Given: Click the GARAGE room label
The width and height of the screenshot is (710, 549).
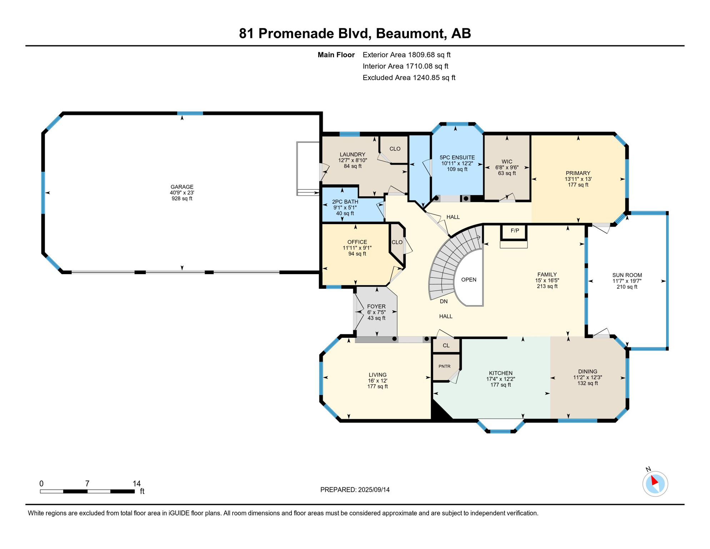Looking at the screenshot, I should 182,187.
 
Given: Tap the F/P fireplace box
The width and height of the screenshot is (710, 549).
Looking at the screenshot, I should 515,231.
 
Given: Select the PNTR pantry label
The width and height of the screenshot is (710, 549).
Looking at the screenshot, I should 444,366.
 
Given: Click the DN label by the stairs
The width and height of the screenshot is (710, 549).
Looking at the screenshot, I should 444,302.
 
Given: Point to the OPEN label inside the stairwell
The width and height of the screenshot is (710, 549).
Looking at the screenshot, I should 469,280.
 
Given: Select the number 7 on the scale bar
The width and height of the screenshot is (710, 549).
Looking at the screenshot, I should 87,484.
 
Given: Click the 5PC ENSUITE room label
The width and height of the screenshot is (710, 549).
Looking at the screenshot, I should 457,158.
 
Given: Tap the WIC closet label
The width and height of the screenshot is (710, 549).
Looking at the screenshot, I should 507,162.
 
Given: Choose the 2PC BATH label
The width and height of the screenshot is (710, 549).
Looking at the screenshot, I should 345,202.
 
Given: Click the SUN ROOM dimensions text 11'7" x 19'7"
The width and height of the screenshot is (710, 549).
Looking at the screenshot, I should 627,281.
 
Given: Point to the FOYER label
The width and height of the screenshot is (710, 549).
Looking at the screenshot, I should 376,307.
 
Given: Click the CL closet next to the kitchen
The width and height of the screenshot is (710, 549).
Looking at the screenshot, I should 446,346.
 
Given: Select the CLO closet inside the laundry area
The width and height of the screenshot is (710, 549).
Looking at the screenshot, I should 395,149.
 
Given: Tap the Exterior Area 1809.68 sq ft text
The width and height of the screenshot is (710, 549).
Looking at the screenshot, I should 406,55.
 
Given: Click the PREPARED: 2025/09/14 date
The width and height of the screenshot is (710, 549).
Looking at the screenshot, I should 355,490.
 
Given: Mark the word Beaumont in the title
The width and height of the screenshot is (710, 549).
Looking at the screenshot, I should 411,34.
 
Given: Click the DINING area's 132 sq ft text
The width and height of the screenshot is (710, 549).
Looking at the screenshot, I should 587,384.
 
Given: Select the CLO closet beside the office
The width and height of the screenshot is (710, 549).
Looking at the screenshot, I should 397,242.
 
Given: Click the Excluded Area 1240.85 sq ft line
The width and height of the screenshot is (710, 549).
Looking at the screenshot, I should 409,78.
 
